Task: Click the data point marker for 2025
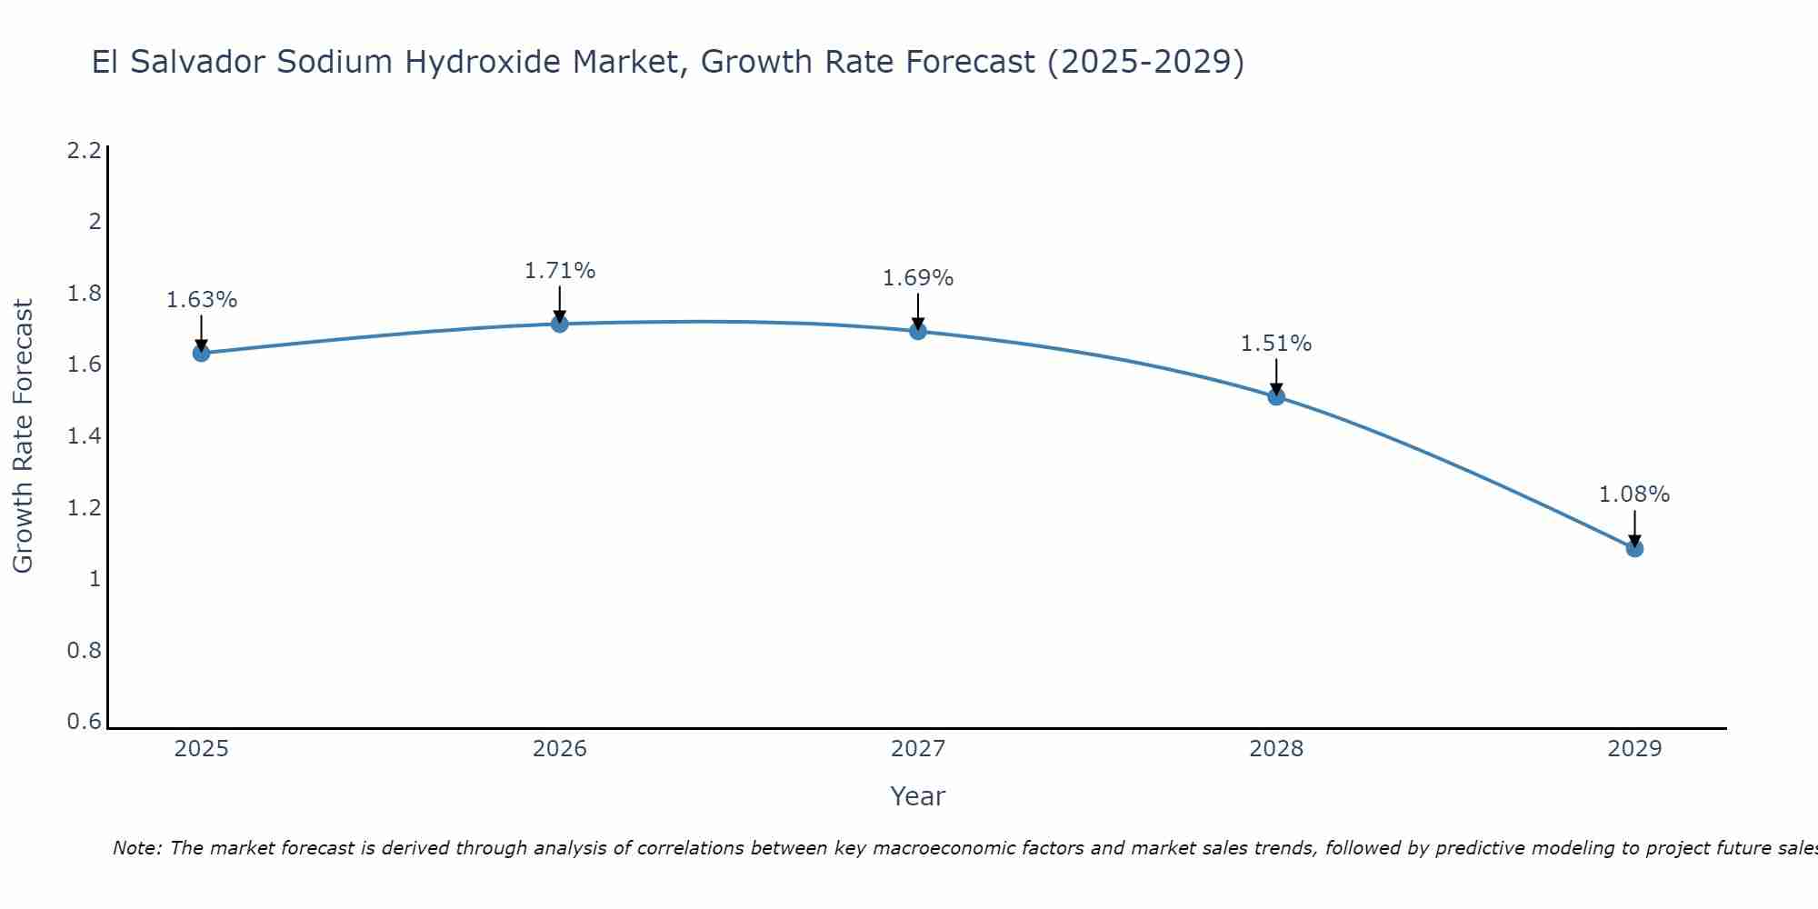point(202,353)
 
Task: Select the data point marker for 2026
point(560,324)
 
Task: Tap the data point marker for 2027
point(918,331)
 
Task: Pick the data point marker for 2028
point(1276,396)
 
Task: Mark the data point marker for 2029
point(1634,548)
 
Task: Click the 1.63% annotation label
point(202,300)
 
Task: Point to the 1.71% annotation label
point(560,271)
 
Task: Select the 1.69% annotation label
point(918,278)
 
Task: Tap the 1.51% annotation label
point(1276,344)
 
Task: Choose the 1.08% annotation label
point(1634,494)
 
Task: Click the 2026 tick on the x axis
point(560,749)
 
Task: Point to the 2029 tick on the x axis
point(1634,749)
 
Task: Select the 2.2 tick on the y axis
point(85,151)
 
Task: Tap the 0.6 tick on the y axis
point(85,722)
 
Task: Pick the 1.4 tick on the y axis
point(85,436)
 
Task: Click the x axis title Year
point(918,796)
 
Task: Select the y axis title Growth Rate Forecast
point(23,436)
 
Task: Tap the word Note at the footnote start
point(136,848)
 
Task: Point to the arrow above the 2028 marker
point(1276,375)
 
